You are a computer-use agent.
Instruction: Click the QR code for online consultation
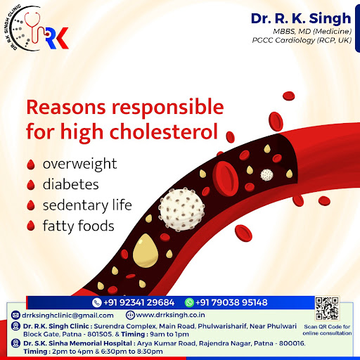point(327,308)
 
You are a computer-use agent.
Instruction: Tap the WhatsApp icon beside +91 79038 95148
point(189,302)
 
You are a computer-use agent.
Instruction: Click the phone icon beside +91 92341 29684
point(96,302)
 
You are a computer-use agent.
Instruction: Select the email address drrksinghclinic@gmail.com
point(67,315)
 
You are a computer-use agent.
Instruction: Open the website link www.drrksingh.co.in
point(170,315)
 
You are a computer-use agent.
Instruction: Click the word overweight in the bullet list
point(79,164)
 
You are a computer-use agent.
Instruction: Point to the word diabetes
point(71,184)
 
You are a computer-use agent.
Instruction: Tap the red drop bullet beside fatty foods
point(31,226)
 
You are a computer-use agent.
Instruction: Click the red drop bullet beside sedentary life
point(31,205)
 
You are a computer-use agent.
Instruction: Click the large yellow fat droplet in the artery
point(146,251)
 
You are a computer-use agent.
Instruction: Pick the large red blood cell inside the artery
point(226,179)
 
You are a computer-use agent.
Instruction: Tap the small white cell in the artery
point(267,175)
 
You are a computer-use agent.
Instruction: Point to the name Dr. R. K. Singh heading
point(301,19)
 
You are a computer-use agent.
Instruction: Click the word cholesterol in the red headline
point(164,131)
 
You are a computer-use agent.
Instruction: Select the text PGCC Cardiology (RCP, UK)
point(302,40)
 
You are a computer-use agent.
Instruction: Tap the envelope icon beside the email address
point(15,315)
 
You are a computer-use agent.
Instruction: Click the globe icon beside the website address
point(130,315)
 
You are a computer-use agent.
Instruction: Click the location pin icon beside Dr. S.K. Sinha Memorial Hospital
point(15,344)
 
